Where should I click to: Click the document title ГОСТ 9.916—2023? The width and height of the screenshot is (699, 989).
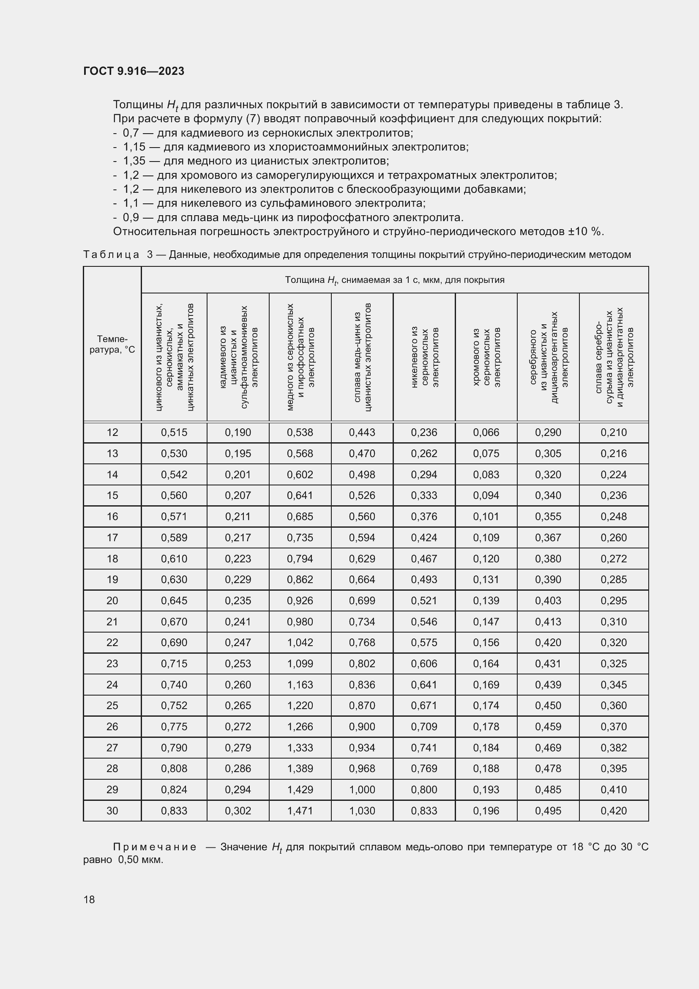point(134,71)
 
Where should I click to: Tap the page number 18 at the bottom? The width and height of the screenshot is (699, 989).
point(89,899)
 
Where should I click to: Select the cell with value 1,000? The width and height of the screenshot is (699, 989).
point(362,789)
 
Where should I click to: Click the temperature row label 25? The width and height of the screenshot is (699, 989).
point(112,706)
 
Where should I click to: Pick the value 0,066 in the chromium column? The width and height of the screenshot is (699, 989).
point(486,432)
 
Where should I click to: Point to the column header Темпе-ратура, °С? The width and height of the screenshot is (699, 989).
point(112,344)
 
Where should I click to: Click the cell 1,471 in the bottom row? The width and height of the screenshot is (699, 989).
point(300,811)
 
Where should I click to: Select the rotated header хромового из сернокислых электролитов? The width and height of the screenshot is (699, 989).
point(486,357)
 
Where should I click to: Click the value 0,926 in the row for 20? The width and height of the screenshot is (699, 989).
point(300,600)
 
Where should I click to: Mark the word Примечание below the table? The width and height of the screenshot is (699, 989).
point(155,847)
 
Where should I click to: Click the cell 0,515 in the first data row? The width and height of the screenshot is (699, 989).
point(174,432)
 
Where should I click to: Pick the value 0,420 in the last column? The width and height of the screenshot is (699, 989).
point(613,811)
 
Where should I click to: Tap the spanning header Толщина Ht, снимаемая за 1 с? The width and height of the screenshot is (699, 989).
point(394,280)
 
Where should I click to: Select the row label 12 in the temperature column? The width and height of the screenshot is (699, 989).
point(112,432)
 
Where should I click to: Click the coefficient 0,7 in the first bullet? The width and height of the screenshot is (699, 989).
point(131,133)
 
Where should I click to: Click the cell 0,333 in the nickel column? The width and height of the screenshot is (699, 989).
point(424,496)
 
